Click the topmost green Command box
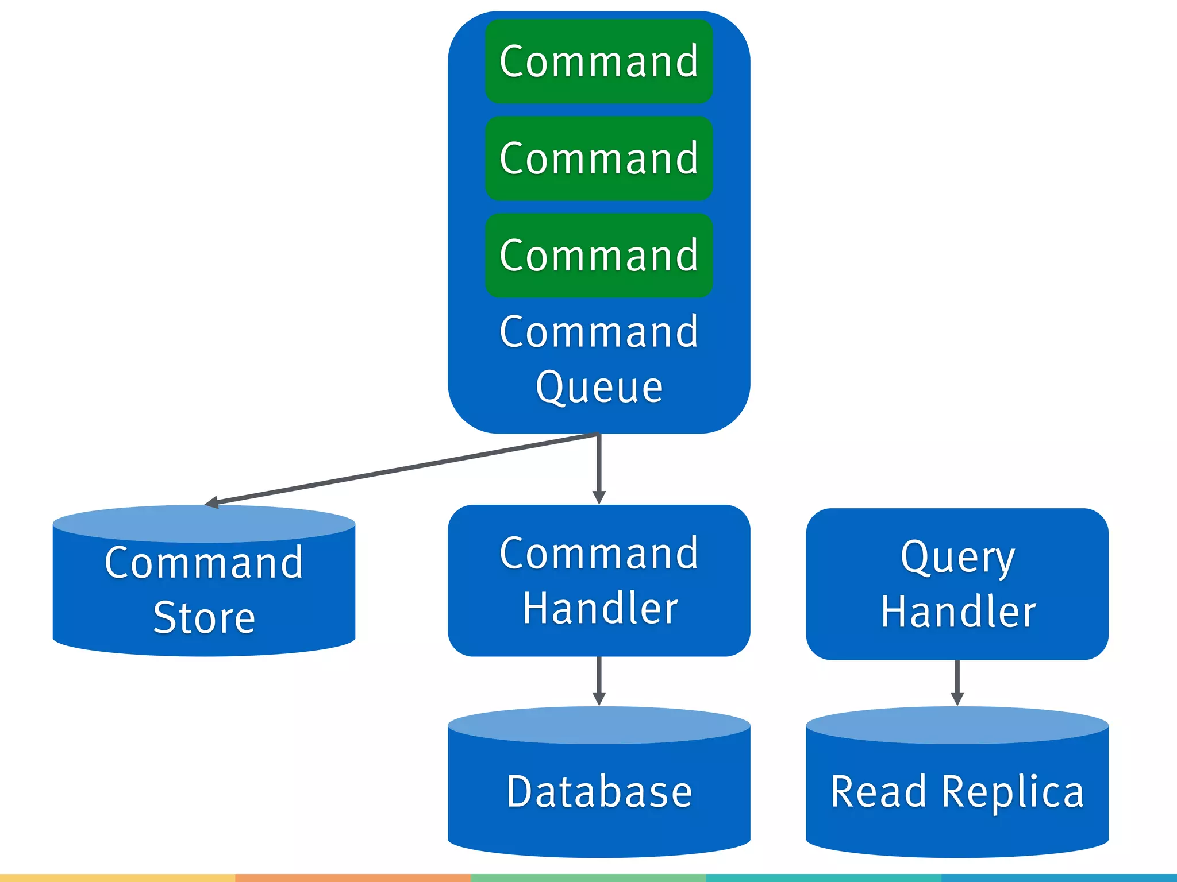coord(599,61)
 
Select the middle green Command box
coord(599,158)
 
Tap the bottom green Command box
coord(599,256)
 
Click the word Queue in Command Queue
coord(599,387)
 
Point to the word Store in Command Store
coord(204,618)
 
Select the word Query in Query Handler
coord(957,558)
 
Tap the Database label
coord(599,791)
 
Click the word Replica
coord(1013,791)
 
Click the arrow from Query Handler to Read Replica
coord(957,681)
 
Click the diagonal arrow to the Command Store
coord(402,469)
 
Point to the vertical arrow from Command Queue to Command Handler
coord(599,468)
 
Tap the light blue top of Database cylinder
coord(599,725)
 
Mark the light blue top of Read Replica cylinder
coord(957,725)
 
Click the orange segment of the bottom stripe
coord(353,878)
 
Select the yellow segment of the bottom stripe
coord(117,878)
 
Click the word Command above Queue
coord(599,332)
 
